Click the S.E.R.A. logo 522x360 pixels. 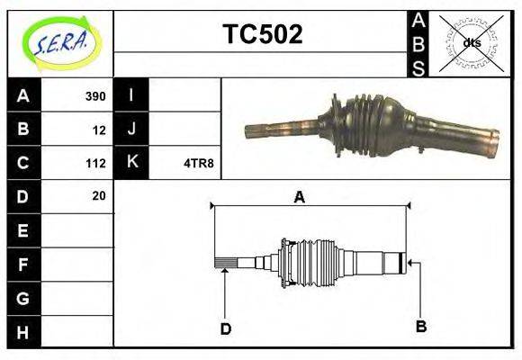point(59,42)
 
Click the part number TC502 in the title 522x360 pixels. point(262,34)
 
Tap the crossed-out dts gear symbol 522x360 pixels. point(471,42)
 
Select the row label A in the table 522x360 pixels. point(23,96)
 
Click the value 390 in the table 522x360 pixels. point(94,96)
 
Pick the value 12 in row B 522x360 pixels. point(98,130)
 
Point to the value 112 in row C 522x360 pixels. point(94,163)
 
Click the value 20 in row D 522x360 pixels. point(98,195)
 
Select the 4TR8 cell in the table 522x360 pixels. point(199,163)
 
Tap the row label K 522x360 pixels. point(132,163)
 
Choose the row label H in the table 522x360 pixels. point(23,332)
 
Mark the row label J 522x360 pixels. point(132,130)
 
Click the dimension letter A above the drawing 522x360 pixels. point(300,197)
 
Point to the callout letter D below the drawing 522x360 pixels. point(226,329)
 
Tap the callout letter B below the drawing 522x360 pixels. point(420,325)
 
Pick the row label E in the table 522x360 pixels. point(23,231)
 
